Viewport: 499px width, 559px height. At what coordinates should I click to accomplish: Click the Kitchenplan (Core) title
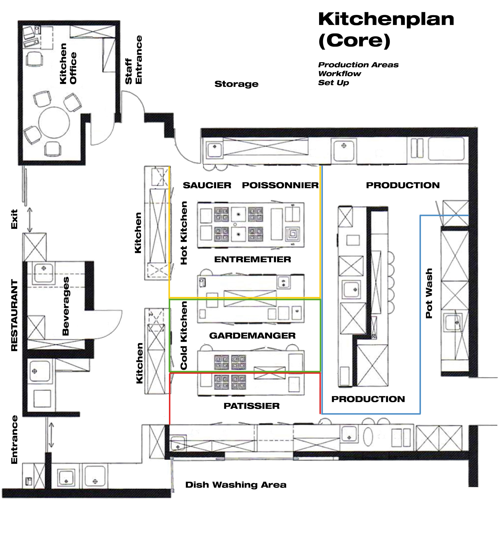coord(386,30)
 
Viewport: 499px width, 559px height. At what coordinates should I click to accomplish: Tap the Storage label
coord(236,84)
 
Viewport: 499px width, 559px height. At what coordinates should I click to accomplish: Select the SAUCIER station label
coord(207,185)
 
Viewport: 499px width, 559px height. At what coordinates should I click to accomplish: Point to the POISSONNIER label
coord(280,185)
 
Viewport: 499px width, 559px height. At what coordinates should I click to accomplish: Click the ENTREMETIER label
coord(252,259)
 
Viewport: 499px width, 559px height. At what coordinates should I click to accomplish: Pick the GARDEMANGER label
coord(252,335)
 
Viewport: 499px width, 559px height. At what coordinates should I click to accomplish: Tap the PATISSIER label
coord(251,406)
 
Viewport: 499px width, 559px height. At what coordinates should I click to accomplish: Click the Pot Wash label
coord(429,293)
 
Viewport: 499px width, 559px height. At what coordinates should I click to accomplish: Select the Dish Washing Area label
coord(236,485)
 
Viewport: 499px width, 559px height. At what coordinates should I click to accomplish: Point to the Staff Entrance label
coord(133,60)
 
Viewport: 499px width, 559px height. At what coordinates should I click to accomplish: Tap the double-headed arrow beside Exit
coord(30,220)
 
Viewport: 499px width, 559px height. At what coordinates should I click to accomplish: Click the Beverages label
coord(66,306)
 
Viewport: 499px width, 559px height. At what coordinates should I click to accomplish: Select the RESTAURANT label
coord(14,315)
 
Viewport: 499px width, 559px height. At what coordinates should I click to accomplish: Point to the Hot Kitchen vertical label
coord(184,233)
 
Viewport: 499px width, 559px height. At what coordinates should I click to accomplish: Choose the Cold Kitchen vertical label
coord(184,335)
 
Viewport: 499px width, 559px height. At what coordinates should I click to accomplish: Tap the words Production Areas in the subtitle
coord(358,65)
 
